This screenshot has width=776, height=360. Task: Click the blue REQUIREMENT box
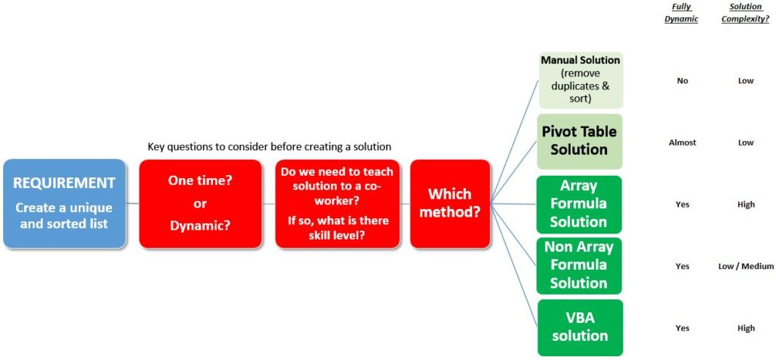(64, 203)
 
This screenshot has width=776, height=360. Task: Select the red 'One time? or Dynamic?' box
(201, 203)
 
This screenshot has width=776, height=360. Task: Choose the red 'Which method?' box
(450, 203)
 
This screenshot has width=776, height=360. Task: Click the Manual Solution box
(580, 80)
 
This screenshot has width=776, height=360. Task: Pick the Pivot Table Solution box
(579, 140)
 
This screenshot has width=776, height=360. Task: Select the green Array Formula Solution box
(579, 204)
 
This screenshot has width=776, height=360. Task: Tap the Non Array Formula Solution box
(579, 265)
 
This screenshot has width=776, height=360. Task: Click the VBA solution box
(579, 327)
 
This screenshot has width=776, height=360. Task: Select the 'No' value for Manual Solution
(683, 80)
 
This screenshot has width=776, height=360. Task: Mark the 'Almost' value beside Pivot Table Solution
(683, 142)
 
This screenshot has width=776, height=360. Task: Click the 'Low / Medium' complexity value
(746, 266)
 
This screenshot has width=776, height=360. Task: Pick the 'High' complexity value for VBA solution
(746, 328)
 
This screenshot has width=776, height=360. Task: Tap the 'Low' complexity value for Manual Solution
(746, 80)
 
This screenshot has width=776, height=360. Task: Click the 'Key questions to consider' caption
(269, 146)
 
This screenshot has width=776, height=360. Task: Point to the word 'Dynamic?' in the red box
(201, 225)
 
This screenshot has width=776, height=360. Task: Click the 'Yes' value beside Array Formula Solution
(683, 205)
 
